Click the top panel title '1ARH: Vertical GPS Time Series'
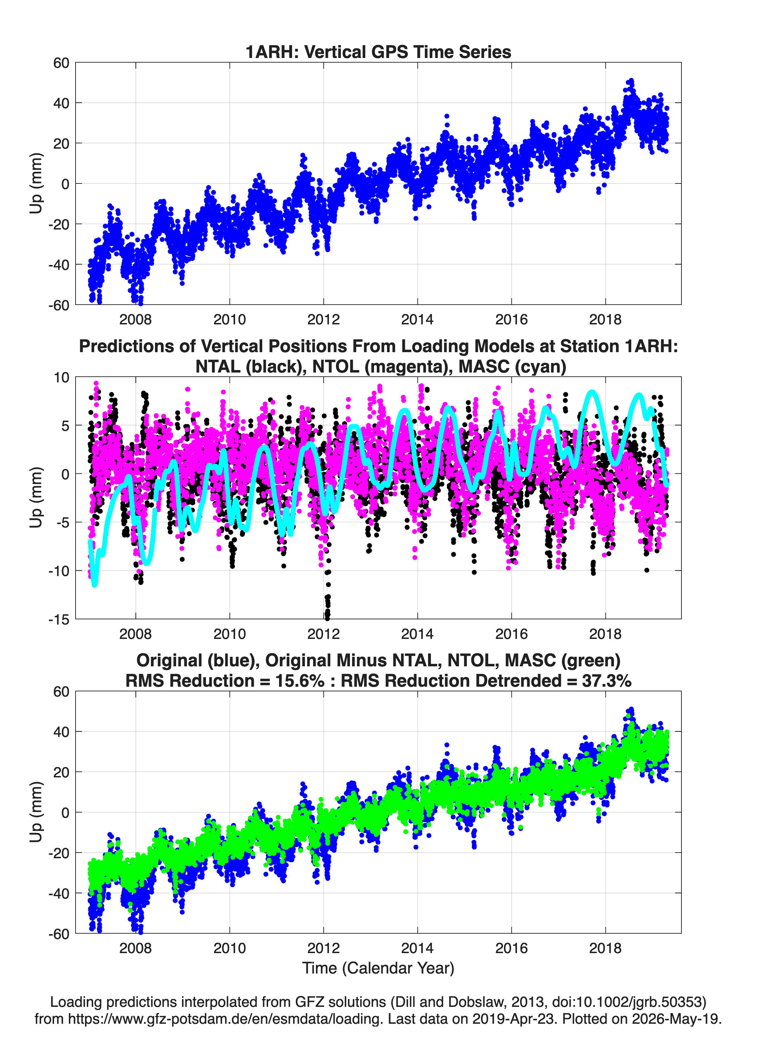378,52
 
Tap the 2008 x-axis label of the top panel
135,319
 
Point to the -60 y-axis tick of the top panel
59,305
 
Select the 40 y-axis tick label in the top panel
61,103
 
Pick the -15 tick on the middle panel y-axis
59,620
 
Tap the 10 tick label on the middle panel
62,377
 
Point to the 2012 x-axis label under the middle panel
324,634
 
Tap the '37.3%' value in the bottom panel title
607,681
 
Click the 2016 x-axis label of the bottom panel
511,948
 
